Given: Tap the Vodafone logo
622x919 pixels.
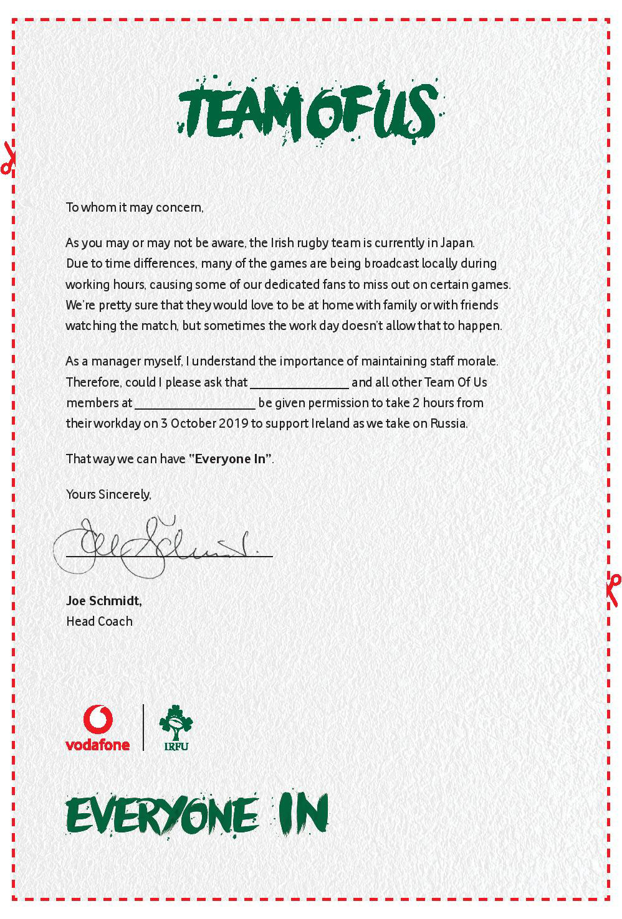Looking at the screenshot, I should click(98, 728).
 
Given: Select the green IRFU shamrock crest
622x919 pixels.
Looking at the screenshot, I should click(176, 727).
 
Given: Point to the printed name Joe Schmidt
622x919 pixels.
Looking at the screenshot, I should click(103, 601).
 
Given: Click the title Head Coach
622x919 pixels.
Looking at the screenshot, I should click(99, 621).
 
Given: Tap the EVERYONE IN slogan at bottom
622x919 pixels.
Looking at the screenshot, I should click(196, 815).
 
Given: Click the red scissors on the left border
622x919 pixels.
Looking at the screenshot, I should click(7, 159).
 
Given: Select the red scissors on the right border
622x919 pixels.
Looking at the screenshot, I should click(613, 589).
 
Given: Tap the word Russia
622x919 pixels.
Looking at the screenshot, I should click(448, 423).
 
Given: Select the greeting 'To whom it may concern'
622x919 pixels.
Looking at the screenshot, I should click(135, 207).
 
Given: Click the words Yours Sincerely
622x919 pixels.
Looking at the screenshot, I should click(108, 494).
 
